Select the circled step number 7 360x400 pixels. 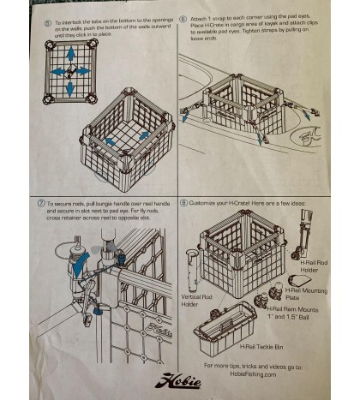(x=41, y=203)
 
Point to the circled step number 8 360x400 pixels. (x=184, y=203)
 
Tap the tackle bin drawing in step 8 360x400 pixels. (x=225, y=327)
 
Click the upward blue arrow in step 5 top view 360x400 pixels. (x=71, y=53)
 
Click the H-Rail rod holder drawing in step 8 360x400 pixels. (x=304, y=236)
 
